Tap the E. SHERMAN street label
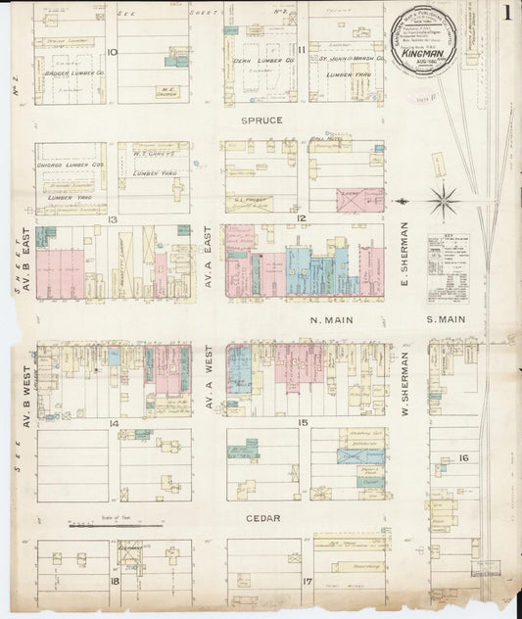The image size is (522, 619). tap(403, 248)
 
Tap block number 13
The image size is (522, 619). tap(114, 219)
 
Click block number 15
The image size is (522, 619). tap(304, 422)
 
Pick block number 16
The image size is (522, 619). tap(463, 457)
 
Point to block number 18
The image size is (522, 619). tap(114, 581)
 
